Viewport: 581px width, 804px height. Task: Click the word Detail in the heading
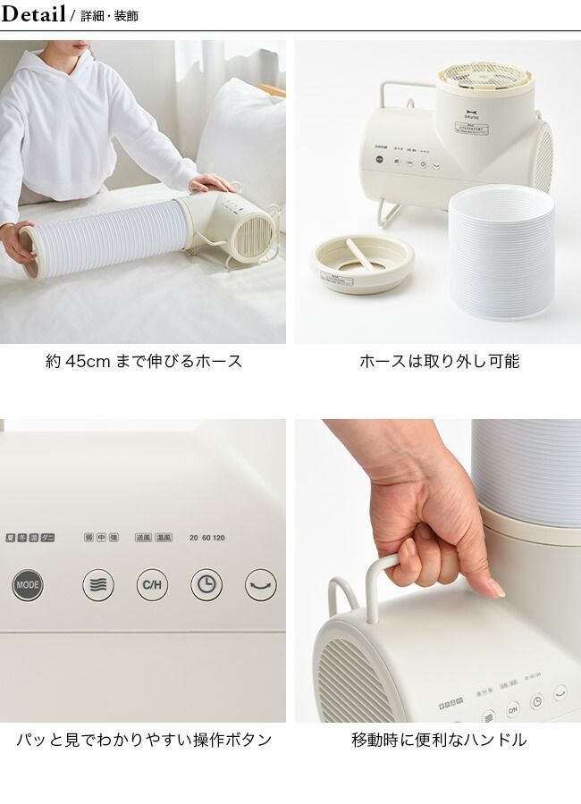tap(34, 14)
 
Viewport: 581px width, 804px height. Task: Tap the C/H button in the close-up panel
tap(152, 585)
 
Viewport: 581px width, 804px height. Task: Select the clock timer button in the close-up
tap(206, 585)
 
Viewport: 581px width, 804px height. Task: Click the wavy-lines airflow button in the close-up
tap(98, 585)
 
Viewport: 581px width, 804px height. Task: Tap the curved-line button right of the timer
tap(260, 585)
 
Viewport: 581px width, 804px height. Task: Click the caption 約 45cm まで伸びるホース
tap(143, 362)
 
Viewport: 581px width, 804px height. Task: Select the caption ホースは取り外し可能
tap(439, 362)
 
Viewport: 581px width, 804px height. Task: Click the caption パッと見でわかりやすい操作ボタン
tap(144, 741)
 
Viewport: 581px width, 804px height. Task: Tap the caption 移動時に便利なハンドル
tap(439, 741)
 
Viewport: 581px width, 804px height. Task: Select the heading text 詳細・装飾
tap(108, 16)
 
